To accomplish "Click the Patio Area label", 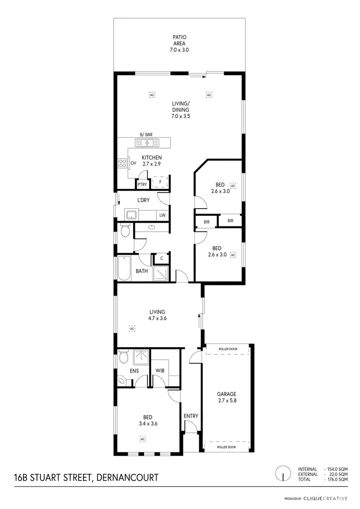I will (x=179, y=43).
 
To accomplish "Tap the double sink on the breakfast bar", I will (x=147, y=142).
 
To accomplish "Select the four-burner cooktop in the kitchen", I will (x=122, y=163).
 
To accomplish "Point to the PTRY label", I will (x=142, y=184).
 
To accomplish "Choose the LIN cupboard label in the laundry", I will (x=162, y=215).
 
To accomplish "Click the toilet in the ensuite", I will (x=123, y=357).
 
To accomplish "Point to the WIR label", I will (x=160, y=371).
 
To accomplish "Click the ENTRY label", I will (x=191, y=416).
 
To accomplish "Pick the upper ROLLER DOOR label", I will (x=228, y=349).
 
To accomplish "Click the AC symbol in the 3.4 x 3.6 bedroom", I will (x=143, y=438).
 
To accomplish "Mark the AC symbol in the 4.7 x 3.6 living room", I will (x=132, y=329).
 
